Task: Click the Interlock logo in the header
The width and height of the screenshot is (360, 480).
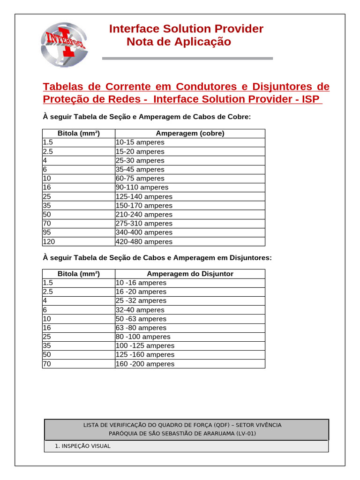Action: coord(64,44)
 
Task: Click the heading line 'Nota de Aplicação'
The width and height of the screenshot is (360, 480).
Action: coord(179,42)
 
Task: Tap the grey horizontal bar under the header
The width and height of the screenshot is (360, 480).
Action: coord(187,59)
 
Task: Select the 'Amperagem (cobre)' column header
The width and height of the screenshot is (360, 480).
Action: coord(190,134)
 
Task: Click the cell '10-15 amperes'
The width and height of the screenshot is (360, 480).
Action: coord(140,142)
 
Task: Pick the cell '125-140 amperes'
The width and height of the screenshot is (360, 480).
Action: coord(143,197)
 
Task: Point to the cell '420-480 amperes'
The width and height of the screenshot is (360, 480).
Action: coord(143,242)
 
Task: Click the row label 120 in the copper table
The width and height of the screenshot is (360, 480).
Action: coord(49,242)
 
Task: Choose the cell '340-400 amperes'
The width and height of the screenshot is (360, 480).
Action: coord(143,232)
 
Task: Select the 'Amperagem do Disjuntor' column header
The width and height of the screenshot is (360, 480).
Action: coord(190,274)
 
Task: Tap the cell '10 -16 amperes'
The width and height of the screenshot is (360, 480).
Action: coord(141,283)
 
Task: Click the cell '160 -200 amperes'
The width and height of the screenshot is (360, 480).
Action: coord(144,364)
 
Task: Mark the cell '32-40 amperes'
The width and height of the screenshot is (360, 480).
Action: coord(140,310)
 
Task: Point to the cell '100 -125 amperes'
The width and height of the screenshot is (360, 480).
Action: coord(144,346)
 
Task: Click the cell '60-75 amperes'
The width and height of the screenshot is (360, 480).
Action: coord(140,179)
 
